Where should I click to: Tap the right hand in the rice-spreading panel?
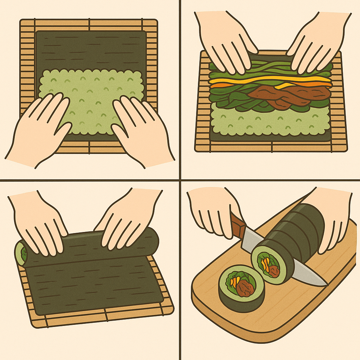tap(141, 130)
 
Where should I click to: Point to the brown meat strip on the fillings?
tap(288, 94)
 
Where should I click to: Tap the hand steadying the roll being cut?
tap(334, 218)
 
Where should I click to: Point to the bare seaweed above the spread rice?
tap(91, 49)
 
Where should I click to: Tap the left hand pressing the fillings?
tap(225, 42)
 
